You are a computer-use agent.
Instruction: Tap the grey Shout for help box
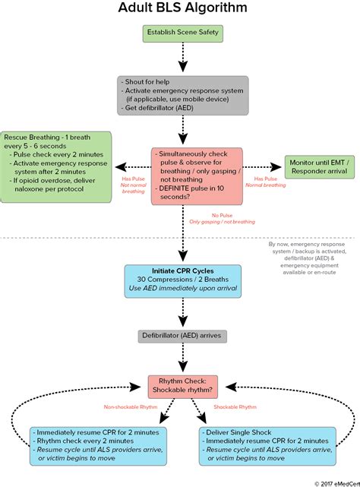click(182, 95)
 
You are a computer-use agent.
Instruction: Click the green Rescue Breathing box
click(57, 167)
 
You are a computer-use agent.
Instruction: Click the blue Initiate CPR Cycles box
click(182, 281)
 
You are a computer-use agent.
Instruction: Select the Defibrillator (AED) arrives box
click(182, 335)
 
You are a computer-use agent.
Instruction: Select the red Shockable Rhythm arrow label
click(235, 407)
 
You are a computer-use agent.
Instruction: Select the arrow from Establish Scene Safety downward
click(182, 59)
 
